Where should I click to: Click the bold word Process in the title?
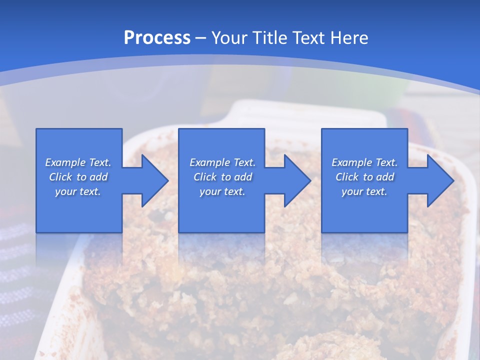tap(157, 38)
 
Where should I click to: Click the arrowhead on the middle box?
tap(296, 180)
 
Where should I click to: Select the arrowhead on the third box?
tap(439, 180)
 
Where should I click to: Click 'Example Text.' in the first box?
tap(78, 162)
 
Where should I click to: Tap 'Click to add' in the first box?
tap(78, 177)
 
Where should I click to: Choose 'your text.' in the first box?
tap(78, 191)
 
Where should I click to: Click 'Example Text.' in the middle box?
tap(222, 162)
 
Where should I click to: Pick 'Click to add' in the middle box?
tap(222, 177)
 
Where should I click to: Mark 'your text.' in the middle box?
tap(222, 191)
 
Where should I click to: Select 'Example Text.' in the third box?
tap(364, 162)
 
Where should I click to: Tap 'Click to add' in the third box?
tap(364, 177)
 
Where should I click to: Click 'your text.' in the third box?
tap(364, 191)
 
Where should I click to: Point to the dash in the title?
tap(200, 38)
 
